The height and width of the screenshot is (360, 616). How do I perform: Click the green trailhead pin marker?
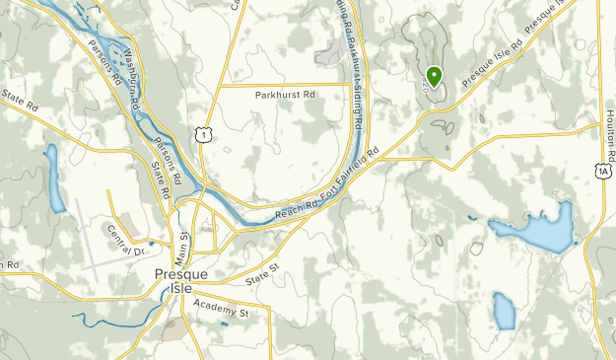coord(434,74)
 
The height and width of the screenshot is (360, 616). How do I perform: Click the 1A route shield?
coord(602,171)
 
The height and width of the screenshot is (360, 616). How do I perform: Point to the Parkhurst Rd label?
coord(284,96)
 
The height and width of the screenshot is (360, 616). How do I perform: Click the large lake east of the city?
coord(536,230)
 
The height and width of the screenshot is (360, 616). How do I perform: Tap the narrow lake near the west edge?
coord(53,180)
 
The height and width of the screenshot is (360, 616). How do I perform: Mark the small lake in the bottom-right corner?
coord(504,312)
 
